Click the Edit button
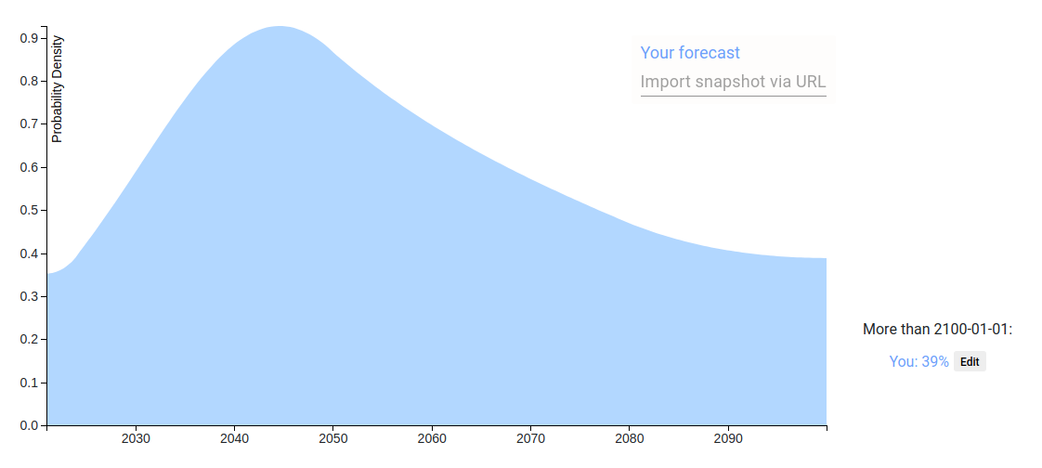tap(970, 361)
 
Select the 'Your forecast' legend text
tap(690, 53)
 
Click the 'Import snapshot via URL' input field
tap(733, 82)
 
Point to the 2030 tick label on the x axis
tap(136, 439)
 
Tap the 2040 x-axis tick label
tap(234, 439)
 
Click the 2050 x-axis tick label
tap(332, 439)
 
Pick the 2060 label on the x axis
tap(432, 439)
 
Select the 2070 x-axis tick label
tap(530, 439)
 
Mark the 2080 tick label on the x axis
tap(630, 439)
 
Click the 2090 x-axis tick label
tap(728, 439)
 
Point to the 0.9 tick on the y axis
tap(29, 39)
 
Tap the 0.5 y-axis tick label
tap(29, 211)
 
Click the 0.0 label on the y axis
tap(29, 425)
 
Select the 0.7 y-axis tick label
tap(29, 124)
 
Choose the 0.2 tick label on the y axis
tap(29, 340)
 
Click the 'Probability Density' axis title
tap(58, 89)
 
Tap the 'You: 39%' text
tap(919, 361)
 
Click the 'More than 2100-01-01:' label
tap(937, 329)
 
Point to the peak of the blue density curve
tap(280, 27)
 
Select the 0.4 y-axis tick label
tap(29, 253)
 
